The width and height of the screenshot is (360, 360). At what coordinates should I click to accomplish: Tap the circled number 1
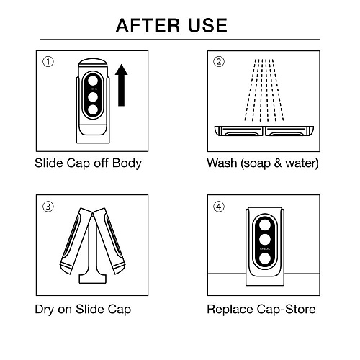coord(48,62)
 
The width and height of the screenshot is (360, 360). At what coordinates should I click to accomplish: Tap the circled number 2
coord(219,62)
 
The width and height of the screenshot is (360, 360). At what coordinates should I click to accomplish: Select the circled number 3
coord(48,207)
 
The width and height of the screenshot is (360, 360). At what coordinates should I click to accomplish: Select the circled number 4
coord(219,207)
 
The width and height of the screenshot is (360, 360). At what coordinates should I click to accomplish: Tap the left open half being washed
coord(238,131)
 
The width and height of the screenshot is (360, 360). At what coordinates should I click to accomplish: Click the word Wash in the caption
coord(221,163)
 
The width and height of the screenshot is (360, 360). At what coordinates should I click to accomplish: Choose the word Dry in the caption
coord(45,310)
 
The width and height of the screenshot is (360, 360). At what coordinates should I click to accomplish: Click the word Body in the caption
coord(127,163)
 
